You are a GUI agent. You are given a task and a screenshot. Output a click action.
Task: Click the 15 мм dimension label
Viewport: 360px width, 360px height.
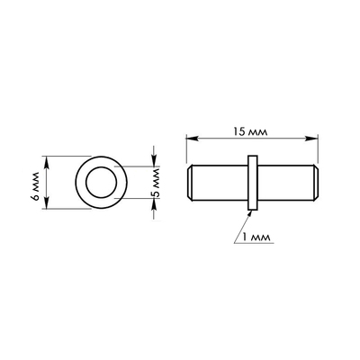250,131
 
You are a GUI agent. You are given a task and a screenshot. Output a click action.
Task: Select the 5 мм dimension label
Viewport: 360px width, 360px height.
156,184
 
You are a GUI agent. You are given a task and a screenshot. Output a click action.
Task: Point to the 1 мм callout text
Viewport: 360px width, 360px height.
256,238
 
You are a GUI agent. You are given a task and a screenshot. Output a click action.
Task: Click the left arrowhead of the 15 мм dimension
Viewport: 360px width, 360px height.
192,139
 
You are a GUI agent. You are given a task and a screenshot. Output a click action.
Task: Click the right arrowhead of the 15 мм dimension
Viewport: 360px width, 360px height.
311,139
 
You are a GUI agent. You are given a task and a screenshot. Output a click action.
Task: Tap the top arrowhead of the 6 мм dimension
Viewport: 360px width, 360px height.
46,162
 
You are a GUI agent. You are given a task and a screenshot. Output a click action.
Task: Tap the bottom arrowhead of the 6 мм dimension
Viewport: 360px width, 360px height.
46,202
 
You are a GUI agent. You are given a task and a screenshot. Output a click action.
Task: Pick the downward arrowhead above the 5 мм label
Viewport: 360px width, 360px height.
154,160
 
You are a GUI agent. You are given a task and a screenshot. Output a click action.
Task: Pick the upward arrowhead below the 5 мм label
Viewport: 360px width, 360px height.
154,204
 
